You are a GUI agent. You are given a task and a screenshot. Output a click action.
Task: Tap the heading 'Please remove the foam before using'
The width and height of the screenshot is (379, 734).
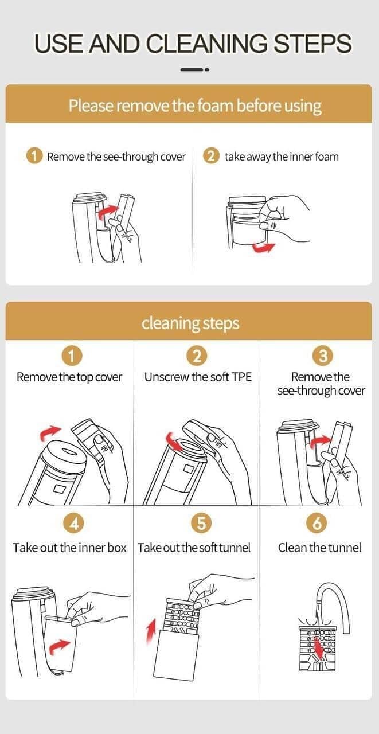195,106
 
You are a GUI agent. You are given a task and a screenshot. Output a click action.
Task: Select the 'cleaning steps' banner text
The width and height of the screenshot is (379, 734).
190,323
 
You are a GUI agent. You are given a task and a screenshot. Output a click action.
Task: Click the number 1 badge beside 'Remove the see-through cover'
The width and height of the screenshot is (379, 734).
34,157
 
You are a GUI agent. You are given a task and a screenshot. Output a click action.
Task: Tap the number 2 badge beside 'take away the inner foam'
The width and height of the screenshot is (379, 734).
211,157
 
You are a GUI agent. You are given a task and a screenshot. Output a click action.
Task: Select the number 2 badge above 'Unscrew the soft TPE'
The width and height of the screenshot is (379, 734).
197,357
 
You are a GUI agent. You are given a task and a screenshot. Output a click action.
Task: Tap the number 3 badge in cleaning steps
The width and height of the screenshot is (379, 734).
323,357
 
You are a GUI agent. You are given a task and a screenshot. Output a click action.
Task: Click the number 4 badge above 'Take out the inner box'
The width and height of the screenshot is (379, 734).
73,522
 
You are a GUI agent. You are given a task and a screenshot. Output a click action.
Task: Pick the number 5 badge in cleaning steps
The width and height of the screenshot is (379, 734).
201,522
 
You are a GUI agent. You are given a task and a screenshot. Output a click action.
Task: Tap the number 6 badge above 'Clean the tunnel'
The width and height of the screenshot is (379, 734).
317,522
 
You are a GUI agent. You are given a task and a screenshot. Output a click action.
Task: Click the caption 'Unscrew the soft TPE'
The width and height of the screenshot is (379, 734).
198,377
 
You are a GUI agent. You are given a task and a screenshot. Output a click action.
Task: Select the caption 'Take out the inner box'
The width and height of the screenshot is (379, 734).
69,548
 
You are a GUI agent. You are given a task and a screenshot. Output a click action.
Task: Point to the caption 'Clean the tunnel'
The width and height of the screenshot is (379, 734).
319,548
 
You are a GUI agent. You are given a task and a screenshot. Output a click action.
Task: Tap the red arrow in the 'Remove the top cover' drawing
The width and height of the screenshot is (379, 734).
50,433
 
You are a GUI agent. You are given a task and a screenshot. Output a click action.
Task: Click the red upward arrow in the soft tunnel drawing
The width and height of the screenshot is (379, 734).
151,630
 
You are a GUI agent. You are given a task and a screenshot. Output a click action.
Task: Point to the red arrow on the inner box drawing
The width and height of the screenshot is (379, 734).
59,646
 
